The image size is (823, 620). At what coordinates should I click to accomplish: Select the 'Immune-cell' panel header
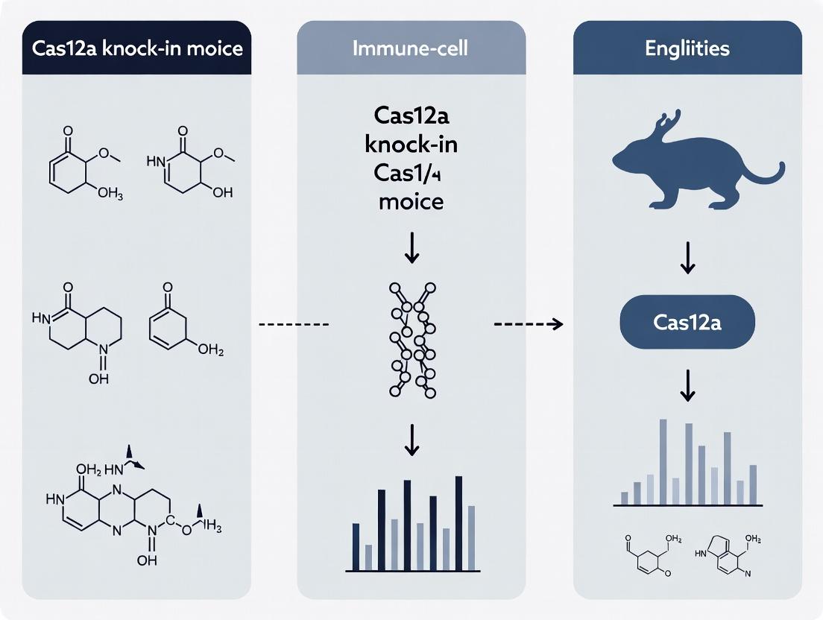click(x=411, y=50)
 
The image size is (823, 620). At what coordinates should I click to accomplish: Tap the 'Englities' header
click(x=687, y=50)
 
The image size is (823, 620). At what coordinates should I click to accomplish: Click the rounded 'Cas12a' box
click(x=687, y=323)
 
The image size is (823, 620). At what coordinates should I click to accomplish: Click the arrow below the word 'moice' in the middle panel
click(x=411, y=248)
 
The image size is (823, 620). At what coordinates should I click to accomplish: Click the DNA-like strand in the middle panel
click(x=411, y=339)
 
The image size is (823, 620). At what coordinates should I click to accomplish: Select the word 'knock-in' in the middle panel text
click(x=411, y=145)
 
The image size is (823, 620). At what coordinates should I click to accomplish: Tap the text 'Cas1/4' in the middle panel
click(x=411, y=173)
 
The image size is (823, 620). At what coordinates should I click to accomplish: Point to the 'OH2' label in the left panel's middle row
click(x=211, y=349)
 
